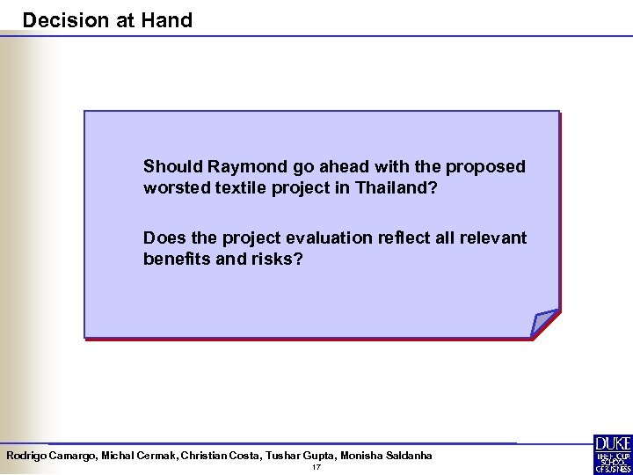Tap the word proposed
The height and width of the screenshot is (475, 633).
pos(485,166)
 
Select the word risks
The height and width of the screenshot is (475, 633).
pos(282,259)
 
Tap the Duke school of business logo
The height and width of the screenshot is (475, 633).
pos(612,453)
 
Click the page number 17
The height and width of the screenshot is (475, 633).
pos(316,467)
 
